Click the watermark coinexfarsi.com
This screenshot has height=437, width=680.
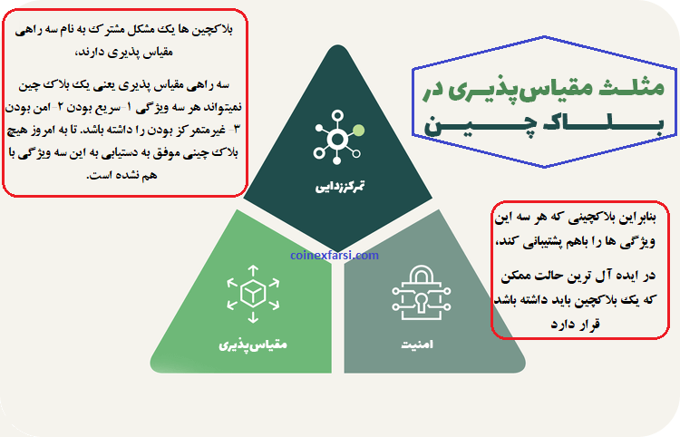coord(335,256)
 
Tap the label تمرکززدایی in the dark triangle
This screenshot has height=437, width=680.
coord(341,188)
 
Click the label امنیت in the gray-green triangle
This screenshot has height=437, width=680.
coord(419,345)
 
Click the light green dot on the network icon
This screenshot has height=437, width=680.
coord(359,130)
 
